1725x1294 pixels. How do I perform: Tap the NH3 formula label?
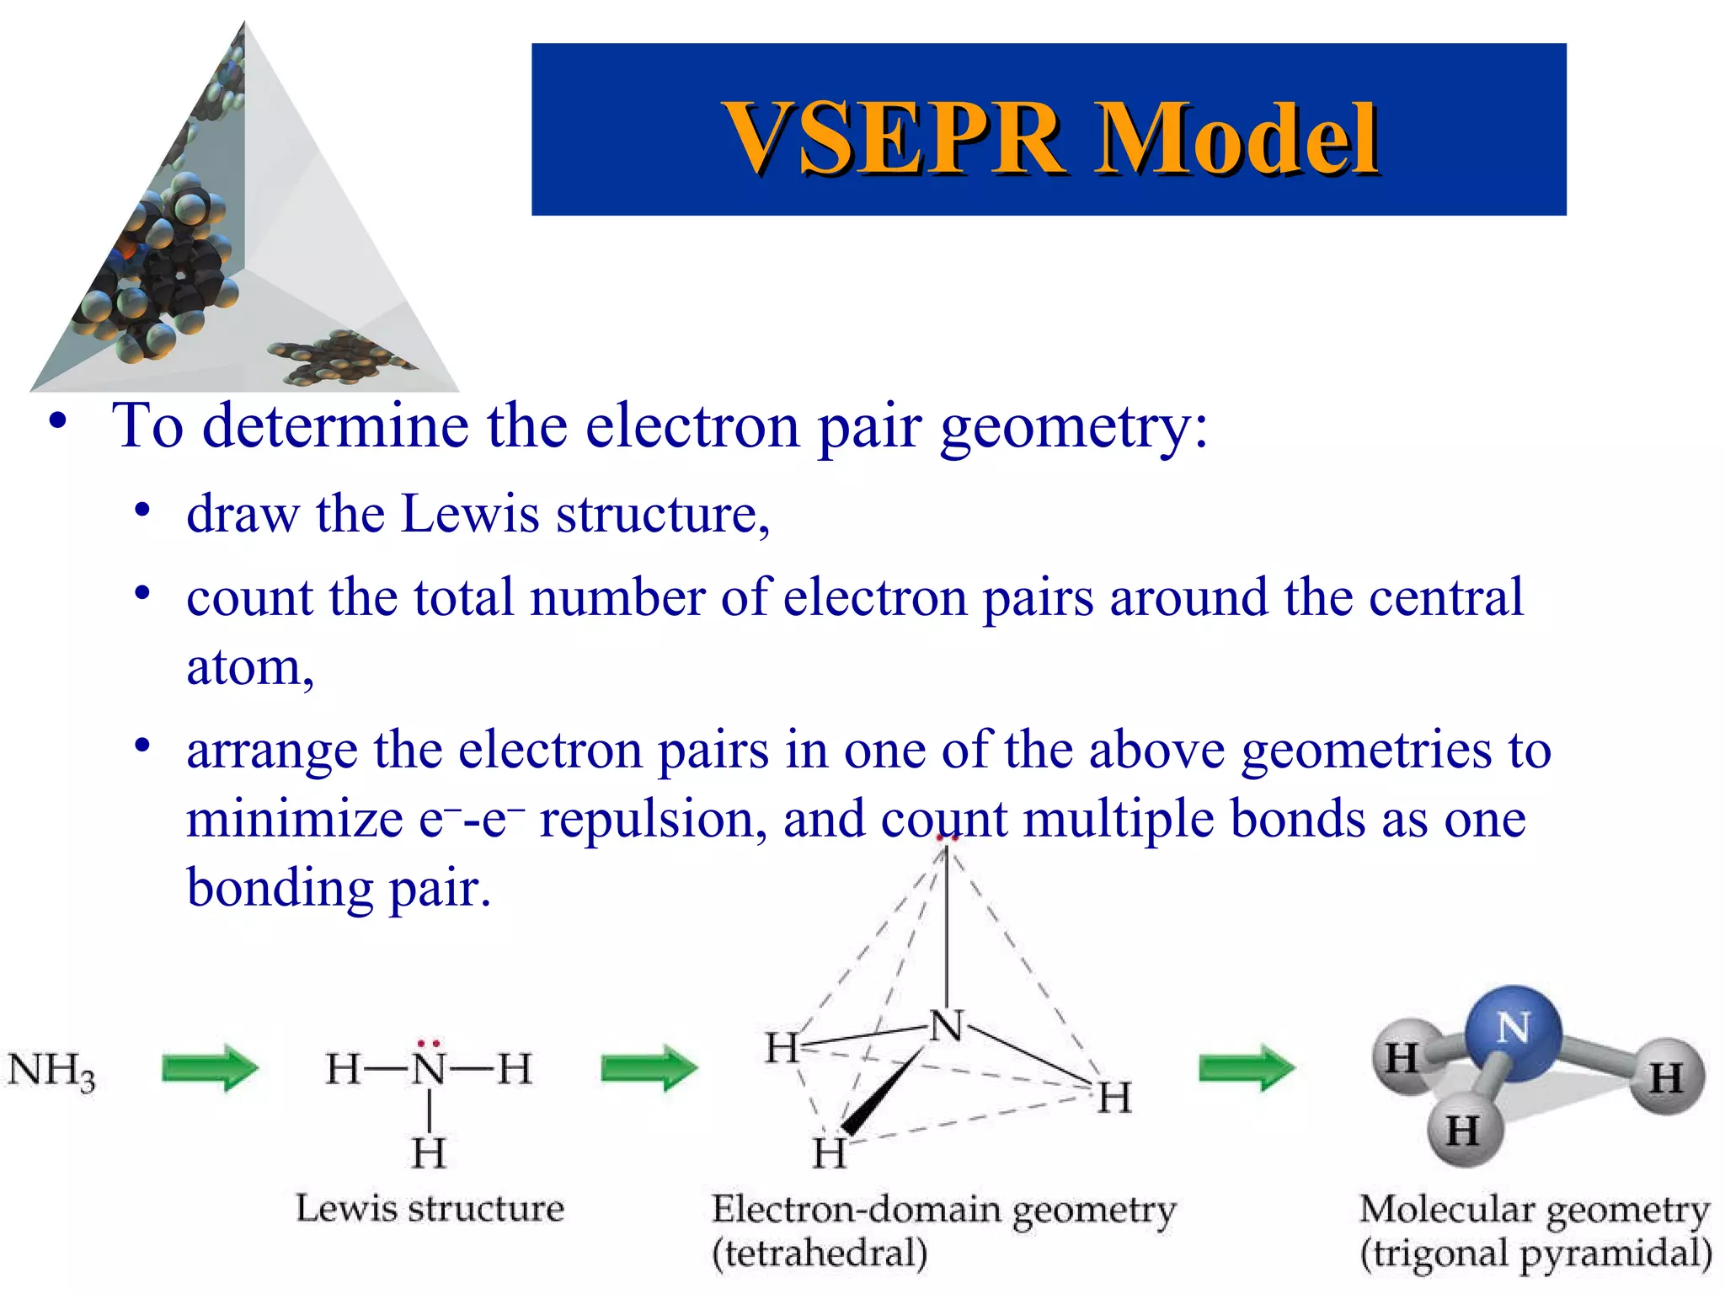point(51,1072)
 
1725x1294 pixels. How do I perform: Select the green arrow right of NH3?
point(210,1068)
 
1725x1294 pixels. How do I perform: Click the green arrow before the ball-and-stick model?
point(1247,1068)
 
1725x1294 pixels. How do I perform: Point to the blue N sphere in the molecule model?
point(1514,1033)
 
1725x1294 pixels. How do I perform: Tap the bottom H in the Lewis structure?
point(429,1152)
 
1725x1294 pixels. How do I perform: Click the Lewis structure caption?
point(430,1208)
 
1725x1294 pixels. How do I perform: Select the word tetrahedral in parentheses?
point(820,1254)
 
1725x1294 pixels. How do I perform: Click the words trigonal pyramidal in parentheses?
point(1535,1254)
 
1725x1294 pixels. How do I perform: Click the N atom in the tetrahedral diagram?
point(947,1026)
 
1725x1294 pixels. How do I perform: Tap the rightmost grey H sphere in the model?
point(1665,1077)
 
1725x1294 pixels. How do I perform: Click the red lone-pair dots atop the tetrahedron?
point(947,838)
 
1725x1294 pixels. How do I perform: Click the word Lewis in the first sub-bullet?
point(469,514)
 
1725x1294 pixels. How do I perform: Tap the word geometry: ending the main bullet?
point(1074,426)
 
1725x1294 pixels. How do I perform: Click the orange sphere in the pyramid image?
point(125,250)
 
